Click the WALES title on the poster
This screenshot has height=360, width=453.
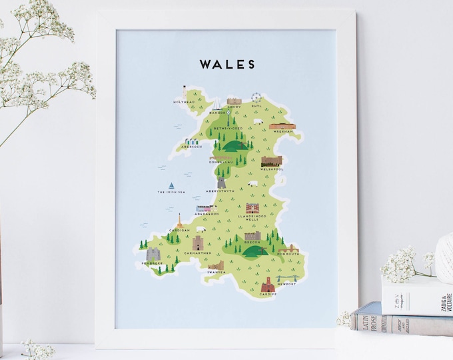point(227,65)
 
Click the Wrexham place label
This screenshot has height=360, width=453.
point(282,132)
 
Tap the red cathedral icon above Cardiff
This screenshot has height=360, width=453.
point(268,283)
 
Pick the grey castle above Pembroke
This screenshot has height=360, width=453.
point(154,254)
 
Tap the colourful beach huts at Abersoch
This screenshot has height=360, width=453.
point(193,141)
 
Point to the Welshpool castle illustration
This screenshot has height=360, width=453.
point(271,161)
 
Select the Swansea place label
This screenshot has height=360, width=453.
point(216,273)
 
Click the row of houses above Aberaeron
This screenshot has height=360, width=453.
point(205,208)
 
